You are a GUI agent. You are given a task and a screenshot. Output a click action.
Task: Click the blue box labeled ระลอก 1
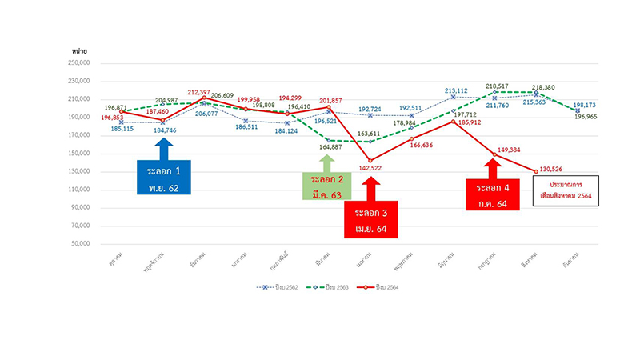point(163,178)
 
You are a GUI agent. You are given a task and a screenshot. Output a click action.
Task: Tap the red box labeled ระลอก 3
point(370,222)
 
